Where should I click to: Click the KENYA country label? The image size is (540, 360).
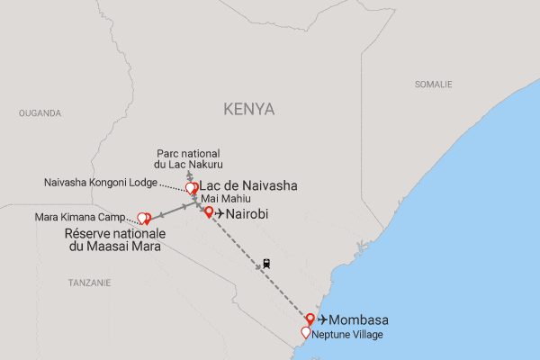[249, 109]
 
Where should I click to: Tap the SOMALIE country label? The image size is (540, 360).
[433, 84]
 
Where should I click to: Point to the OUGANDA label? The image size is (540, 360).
[40, 113]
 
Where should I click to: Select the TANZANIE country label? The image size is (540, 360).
[87, 283]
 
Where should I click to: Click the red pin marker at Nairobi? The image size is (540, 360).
[210, 212]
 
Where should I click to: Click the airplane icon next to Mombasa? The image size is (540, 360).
[322, 320]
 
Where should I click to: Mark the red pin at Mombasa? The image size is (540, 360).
[310, 318]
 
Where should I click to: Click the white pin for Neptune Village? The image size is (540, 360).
[306, 332]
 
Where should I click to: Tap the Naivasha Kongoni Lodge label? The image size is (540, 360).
[100, 183]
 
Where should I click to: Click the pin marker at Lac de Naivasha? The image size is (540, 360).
[191, 188]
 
